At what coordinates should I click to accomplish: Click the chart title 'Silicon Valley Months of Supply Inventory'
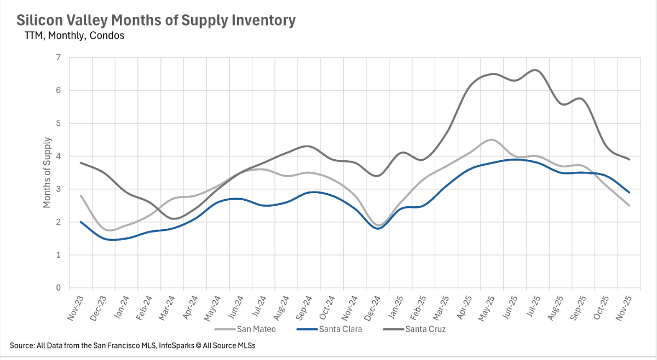156,21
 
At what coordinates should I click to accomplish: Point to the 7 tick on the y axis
59,57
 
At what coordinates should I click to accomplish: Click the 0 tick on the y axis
59,288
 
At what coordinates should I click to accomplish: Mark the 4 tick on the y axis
59,156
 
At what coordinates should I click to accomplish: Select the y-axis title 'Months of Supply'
47,173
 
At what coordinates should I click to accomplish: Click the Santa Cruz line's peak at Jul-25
535,70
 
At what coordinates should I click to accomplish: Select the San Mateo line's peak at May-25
491,140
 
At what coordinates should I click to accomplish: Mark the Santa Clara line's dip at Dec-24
377,228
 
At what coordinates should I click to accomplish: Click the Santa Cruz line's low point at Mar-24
172,219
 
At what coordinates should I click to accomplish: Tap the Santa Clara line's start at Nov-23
81,222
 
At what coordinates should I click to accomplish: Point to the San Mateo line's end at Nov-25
629,206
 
